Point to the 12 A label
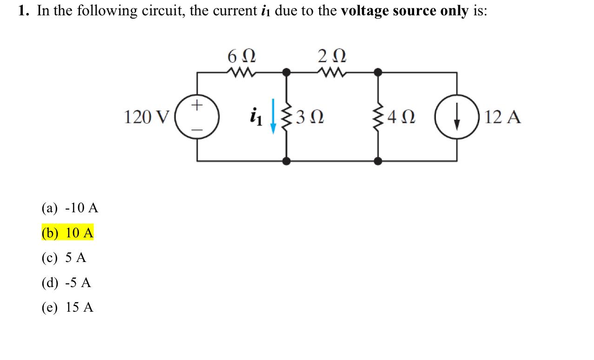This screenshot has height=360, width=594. (x=502, y=118)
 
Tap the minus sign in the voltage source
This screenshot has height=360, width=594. (x=197, y=131)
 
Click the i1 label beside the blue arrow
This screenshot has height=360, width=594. (x=256, y=117)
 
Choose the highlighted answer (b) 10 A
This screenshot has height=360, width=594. (x=67, y=233)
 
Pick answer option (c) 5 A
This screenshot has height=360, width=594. (x=64, y=258)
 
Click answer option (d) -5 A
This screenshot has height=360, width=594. (x=66, y=282)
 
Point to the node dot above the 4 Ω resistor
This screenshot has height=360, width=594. (x=378, y=72)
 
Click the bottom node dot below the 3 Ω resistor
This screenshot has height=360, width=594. (x=287, y=161)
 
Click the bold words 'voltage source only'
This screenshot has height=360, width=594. (x=404, y=11)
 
